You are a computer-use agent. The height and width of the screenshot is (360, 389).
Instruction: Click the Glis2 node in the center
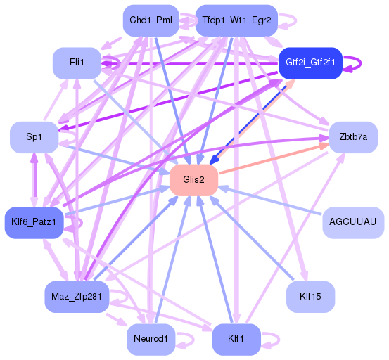(x=193, y=180)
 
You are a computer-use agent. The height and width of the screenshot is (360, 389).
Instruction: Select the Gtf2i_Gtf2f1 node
(x=310, y=63)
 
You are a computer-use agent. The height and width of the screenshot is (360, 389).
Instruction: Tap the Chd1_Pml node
(x=151, y=20)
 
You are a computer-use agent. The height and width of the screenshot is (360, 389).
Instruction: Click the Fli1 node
(x=77, y=63)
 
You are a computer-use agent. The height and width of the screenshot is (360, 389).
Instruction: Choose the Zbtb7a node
(x=353, y=137)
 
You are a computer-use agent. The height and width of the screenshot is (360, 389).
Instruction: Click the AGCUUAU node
(x=353, y=222)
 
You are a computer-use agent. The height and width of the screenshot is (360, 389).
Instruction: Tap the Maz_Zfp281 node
(x=76, y=296)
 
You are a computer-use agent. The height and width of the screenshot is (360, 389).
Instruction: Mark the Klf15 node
(x=310, y=296)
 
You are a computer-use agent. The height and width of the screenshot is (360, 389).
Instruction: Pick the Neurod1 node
(x=151, y=340)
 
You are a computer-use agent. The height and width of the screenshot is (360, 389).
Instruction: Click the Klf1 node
(x=236, y=340)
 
